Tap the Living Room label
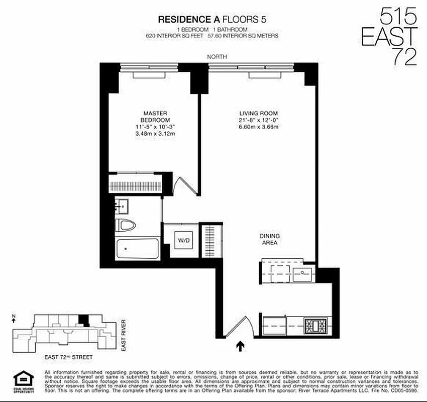point(259,113)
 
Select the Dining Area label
point(270,239)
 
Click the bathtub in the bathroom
point(137,249)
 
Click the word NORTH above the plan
point(217,57)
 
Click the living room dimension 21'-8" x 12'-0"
point(259,120)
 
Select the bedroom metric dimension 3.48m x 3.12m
point(155,133)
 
